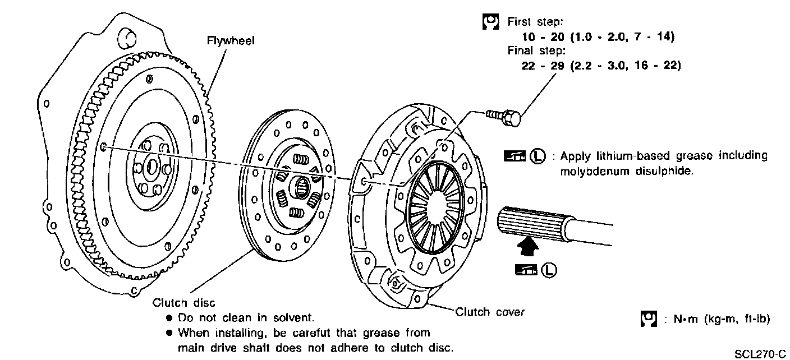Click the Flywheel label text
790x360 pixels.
pos(231,41)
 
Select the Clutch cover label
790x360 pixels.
pos(490,312)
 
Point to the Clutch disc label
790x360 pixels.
pos(183,303)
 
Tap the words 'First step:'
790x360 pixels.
pos(536,22)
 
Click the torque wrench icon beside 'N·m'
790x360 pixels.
pos(648,319)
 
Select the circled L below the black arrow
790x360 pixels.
pos(549,271)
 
